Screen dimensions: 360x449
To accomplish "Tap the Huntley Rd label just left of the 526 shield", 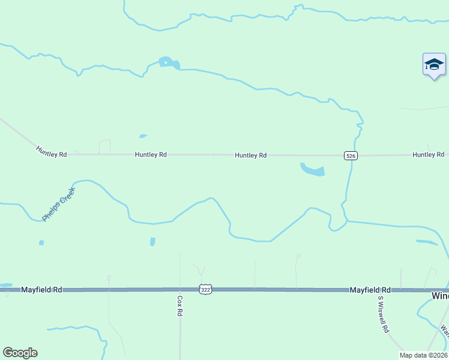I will [250, 155].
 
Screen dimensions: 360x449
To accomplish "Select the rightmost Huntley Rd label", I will [428, 155].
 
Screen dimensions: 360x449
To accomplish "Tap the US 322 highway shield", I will [206, 289].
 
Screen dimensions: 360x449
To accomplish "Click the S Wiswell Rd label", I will [384, 314].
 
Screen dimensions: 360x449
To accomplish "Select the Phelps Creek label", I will [59, 204].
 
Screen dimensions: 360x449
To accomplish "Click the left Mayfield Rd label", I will [41, 289].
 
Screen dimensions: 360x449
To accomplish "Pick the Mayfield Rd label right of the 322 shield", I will [370, 289].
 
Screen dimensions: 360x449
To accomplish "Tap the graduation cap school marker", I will [433, 65].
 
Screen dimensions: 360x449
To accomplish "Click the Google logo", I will [20, 352].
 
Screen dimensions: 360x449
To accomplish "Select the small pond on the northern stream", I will [168, 62].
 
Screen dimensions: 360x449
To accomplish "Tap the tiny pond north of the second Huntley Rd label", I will [143, 136].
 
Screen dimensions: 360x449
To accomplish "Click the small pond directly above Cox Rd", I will [152, 241].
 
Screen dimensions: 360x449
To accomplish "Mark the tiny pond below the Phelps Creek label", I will [41, 242].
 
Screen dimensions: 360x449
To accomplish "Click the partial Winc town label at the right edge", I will [440, 296].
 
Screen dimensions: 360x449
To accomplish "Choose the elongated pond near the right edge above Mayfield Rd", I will [427, 242].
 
